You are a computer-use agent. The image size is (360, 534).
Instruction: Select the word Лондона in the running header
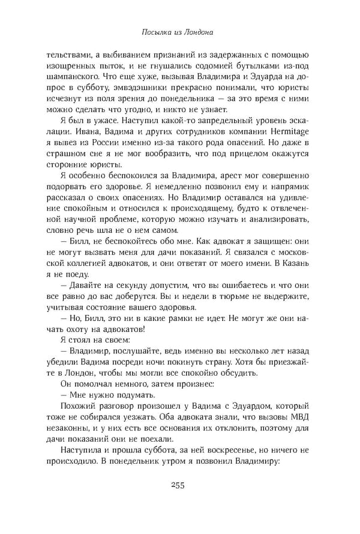202,29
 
